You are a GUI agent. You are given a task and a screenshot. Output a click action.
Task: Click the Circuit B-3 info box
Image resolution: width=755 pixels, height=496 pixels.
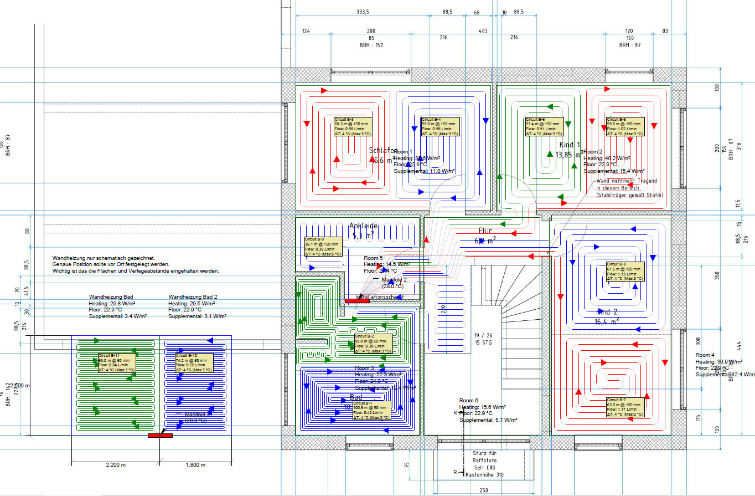click(353, 126)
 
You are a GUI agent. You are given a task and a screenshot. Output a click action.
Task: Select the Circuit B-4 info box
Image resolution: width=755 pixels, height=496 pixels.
click(439, 126)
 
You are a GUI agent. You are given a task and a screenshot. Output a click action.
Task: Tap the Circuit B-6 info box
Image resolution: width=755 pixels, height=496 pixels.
click(544, 126)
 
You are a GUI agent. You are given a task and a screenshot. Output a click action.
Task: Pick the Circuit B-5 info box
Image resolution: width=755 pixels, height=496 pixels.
click(625, 126)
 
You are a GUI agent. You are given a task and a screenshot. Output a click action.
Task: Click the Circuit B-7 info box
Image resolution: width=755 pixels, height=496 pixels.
click(625, 407)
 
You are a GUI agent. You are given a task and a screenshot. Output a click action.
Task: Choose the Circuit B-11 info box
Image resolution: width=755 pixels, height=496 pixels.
click(117, 362)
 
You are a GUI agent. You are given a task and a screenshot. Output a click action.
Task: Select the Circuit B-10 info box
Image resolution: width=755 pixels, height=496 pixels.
click(194, 362)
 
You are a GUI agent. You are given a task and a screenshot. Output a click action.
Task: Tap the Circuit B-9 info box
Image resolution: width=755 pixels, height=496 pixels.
click(323, 246)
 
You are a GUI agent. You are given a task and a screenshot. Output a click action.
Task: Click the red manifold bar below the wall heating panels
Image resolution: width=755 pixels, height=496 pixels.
click(160, 436)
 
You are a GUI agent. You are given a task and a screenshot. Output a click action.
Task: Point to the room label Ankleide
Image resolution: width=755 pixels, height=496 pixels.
click(363, 226)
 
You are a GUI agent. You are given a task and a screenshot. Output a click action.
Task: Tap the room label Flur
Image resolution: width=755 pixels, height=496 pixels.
click(485, 231)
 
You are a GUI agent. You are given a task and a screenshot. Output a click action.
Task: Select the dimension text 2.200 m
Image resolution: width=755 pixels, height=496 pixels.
click(116, 464)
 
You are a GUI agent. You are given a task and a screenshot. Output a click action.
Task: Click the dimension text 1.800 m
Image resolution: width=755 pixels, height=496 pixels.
click(195, 464)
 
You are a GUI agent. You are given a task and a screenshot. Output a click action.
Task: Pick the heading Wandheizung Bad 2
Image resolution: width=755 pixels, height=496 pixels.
click(193, 297)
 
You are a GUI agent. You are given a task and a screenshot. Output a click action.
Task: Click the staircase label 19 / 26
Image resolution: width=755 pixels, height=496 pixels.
click(484, 335)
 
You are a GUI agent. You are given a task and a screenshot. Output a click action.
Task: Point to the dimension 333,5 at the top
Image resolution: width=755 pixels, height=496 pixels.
click(363, 12)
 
